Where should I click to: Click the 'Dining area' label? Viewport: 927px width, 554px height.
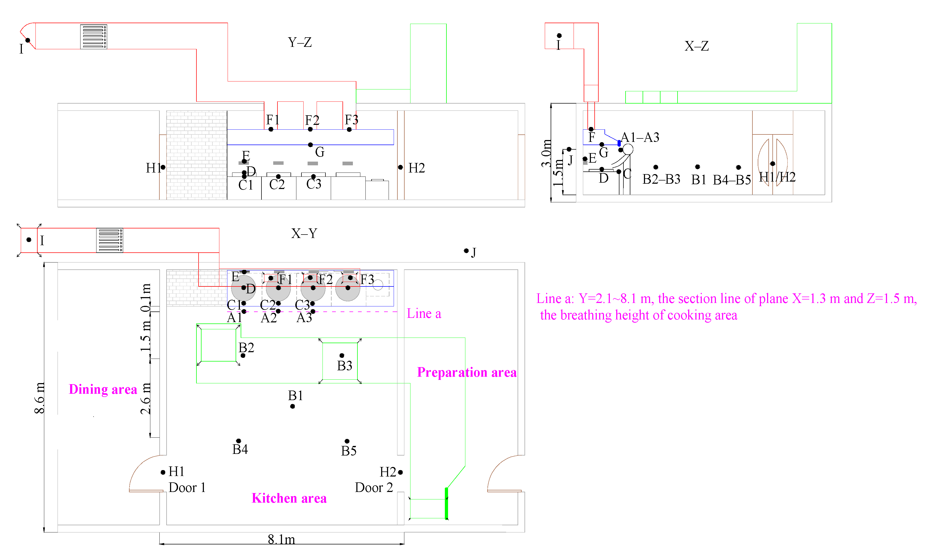(103, 389)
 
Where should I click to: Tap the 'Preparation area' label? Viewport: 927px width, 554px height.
(467, 372)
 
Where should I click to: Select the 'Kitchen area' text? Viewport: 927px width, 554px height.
(289, 498)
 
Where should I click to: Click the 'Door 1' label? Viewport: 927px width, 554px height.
(187, 487)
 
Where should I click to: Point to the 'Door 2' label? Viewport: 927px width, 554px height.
(374, 487)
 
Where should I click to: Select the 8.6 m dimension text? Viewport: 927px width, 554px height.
(39, 398)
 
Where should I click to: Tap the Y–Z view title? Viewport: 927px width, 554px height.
(300, 42)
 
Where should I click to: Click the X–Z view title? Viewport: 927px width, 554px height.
(696, 46)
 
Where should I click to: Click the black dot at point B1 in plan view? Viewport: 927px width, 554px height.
(293, 406)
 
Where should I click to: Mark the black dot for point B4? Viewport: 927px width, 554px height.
(239, 441)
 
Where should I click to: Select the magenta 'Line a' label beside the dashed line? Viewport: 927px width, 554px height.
(424, 314)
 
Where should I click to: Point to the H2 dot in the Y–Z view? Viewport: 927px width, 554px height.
(400, 167)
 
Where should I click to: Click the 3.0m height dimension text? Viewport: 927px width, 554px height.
(546, 153)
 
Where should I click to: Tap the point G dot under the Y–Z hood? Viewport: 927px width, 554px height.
(310, 145)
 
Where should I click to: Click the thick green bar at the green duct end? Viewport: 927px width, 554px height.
(446, 503)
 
